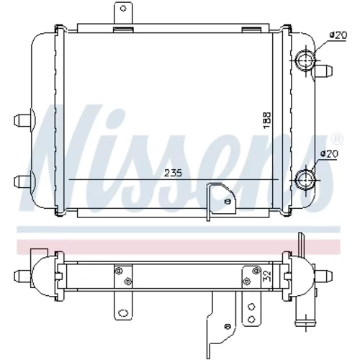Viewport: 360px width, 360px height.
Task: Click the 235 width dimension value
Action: pyautogui.click(x=173, y=173)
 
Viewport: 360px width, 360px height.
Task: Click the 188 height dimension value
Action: pyautogui.click(x=267, y=120)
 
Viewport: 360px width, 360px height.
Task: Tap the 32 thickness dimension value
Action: pyautogui.click(x=267, y=276)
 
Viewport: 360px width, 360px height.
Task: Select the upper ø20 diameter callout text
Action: pyautogui.click(x=338, y=35)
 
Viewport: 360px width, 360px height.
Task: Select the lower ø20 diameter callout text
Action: pyautogui.click(x=329, y=154)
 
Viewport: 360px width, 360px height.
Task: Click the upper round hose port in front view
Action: pyautogui.click(x=305, y=60)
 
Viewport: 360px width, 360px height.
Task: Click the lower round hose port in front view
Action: pyautogui.click(x=305, y=179)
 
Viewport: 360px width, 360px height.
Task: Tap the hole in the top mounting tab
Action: pyautogui.click(x=123, y=9)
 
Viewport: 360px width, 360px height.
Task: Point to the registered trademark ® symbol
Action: pyautogui.click(x=337, y=140)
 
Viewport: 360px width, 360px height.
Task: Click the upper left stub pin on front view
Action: pyautogui.click(x=23, y=120)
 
